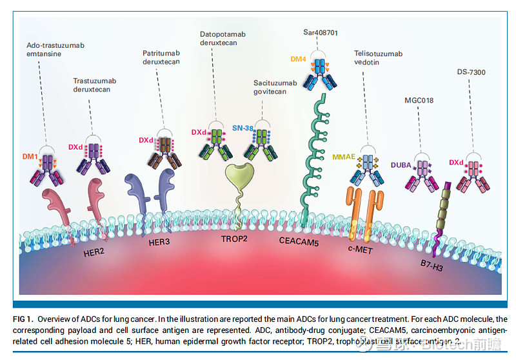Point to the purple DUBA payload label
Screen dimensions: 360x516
tap(400, 165)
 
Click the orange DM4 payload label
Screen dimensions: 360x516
tap(298, 59)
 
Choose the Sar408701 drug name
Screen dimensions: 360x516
tap(321, 32)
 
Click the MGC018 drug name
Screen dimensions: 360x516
tap(418, 101)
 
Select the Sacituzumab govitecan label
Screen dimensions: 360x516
tap(275, 88)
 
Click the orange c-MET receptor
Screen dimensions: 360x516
tap(362, 209)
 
